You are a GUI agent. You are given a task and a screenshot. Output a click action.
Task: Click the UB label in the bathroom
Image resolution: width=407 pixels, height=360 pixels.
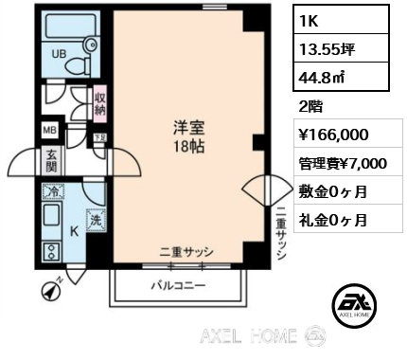(59, 54)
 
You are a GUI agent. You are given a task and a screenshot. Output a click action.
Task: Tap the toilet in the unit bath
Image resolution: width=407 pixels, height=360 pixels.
(78, 64)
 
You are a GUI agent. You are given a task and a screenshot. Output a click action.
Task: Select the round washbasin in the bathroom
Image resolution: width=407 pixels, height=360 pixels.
(91, 45)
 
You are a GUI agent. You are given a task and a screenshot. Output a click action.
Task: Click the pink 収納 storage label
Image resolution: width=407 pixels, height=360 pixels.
(99, 104)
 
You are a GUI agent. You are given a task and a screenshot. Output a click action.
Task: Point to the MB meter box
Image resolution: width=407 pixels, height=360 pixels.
(49, 130)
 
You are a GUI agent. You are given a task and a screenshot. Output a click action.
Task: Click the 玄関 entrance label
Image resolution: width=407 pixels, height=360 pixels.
(51, 161)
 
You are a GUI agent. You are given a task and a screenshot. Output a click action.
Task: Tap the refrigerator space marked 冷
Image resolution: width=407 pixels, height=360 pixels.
(53, 190)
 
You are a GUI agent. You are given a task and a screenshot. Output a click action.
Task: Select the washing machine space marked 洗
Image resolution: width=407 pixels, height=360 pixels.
(96, 220)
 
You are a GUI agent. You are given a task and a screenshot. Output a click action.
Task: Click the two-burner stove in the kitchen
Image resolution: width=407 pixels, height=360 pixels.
(50, 251)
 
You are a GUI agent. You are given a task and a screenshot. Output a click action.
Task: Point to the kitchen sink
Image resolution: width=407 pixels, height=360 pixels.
(51, 214)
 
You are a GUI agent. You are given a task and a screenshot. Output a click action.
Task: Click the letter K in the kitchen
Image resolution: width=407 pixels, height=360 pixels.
(74, 232)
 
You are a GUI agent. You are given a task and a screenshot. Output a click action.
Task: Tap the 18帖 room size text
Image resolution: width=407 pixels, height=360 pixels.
(189, 146)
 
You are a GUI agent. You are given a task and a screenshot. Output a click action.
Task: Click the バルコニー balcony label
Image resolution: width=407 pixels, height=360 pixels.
(179, 286)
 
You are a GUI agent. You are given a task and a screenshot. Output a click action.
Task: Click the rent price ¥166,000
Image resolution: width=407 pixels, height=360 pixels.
(333, 135)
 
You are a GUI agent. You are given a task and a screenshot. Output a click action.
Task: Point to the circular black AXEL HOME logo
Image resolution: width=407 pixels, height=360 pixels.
(354, 303)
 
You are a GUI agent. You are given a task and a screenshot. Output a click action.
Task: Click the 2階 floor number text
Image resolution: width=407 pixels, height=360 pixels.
(310, 107)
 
